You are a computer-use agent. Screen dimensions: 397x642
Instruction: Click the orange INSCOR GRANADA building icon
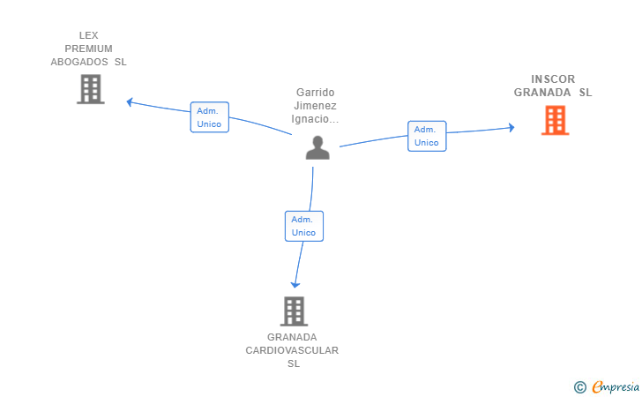click(555, 120)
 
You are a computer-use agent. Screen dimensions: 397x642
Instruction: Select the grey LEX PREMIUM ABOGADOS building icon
click(90, 89)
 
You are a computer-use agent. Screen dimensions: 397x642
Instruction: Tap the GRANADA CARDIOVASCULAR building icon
click(294, 311)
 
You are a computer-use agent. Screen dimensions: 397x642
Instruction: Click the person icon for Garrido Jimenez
click(317, 147)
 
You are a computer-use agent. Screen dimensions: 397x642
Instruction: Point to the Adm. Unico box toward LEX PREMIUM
click(209, 117)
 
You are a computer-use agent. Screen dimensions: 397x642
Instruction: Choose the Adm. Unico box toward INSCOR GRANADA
click(426, 136)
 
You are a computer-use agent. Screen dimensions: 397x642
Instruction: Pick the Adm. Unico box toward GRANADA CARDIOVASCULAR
click(303, 226)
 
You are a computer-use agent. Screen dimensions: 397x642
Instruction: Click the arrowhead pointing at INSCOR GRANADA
click(511, 128)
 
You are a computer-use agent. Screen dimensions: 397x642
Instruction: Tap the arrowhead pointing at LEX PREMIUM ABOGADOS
click(129, 101)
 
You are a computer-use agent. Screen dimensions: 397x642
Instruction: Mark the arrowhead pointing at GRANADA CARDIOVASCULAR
click(295, 284)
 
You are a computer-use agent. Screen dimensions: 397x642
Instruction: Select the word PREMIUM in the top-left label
click(88, 49)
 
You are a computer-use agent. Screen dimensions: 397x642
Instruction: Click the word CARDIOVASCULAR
click(292, 350)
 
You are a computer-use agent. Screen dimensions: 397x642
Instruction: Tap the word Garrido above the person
click(316, 92)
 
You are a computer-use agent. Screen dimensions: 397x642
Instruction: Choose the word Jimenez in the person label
click(316, 105)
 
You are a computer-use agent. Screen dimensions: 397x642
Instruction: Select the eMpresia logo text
click(614, 386)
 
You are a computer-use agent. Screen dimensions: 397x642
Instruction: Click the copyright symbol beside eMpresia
click(579, 386)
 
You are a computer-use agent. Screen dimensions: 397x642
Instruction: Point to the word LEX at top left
click(88, 35)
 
